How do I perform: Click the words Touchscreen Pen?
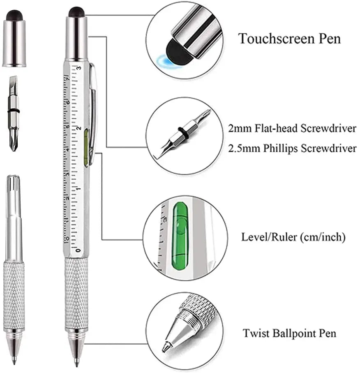click(x=290, y=39)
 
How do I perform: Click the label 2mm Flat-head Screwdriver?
click(x=292, y=128)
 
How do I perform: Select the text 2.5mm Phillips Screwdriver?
click(x=292, y=148)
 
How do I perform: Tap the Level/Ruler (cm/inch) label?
click(x=293, y=237)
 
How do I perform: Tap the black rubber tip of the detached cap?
click(x=14, y=14)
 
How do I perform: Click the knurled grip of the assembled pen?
click(x=76, y=292)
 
